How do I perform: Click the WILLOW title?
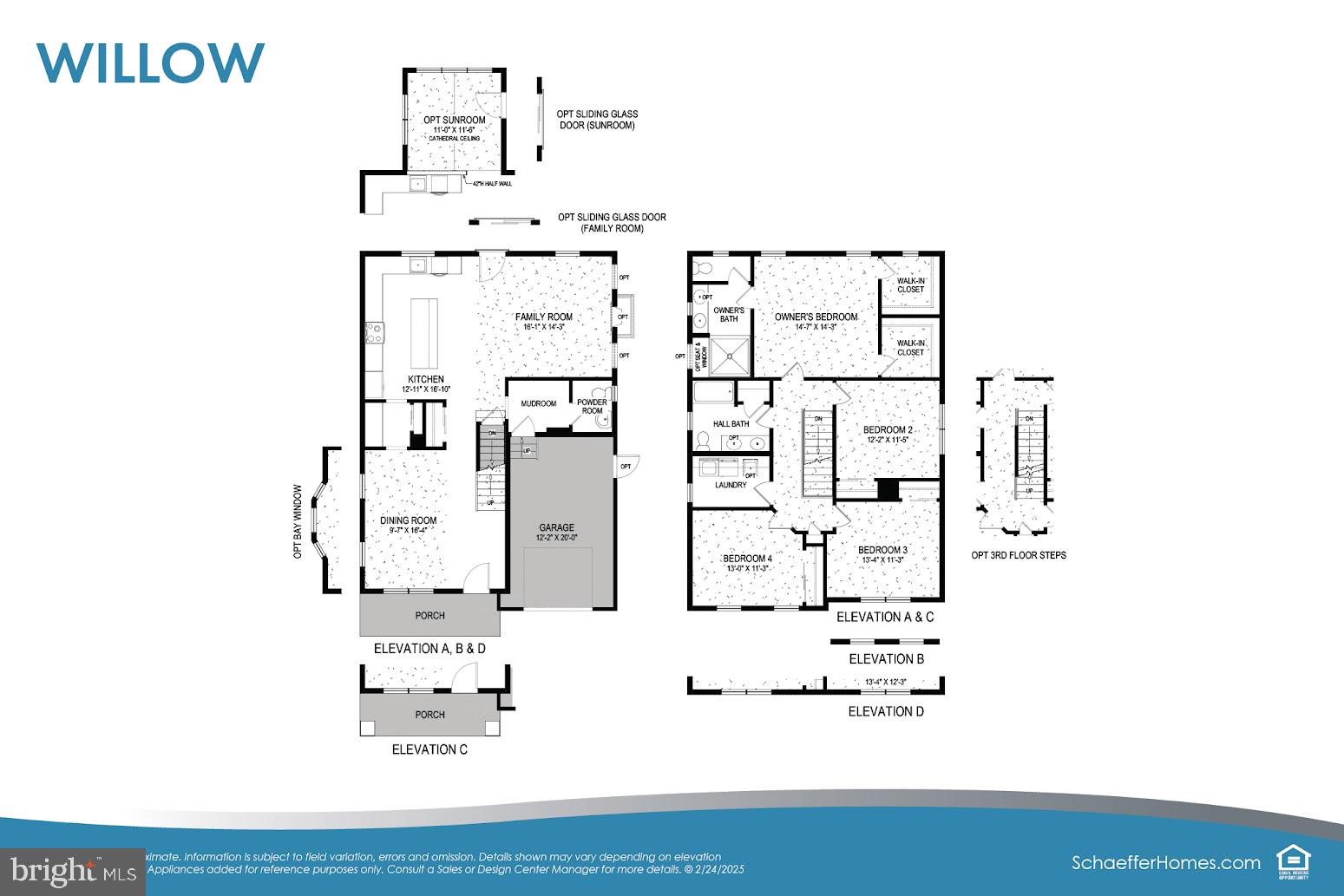pyautogui.click(x=150, y=62)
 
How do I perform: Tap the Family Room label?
pyautogui.click(x=544, y=317)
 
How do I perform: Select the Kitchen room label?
pyautogui.click(x=426, y=379)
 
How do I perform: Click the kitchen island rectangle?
pyautogui.click(x=424, y=333)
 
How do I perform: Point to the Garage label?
pyautogui.click(x=556, y=527)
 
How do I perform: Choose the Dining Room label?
pyautogui.click(x=409, y=520)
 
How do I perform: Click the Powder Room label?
pyautogui.click(x=592, y=406)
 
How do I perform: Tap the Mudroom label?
pyautogui.click(x=539, y=403)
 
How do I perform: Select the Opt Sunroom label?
pyautogui.click(x=454, y=120)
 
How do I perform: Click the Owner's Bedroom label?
pyautogui.click(x=816, y=317)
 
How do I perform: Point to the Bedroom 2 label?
pyautogui.click(x=888, y=430)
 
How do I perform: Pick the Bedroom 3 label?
pyautogui.click(x=882, y=550)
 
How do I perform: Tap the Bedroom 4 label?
pyautogui.click(x=747, y=559)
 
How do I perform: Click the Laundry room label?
pyautogui.click(x=731, y=485)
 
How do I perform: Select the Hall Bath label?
pyautogui.click(x=731, y=424)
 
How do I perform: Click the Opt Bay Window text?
pyautogui.click(x=298, y=520)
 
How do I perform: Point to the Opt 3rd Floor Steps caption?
pyautogui.click(x=1019, y=555)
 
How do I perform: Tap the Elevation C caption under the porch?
pyautogui.click(x=429, y=749)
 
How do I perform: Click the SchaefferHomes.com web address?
pyautogui.click(x=1165, y=862)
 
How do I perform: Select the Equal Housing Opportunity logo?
pyautogui.click(x=1293, y=862)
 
